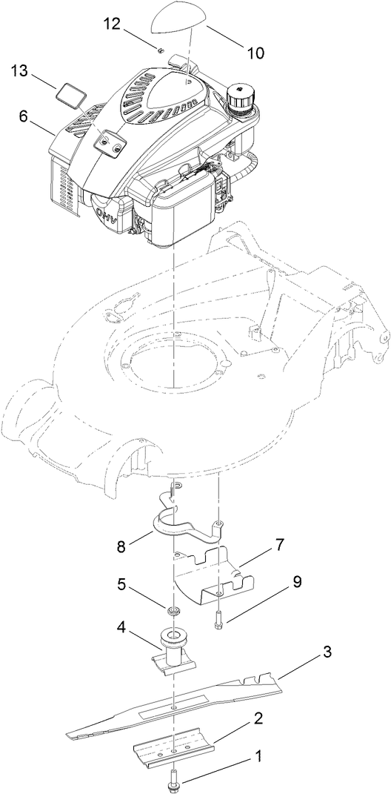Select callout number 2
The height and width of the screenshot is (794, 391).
click(x=258, y=718)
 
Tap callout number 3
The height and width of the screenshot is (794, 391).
click(x=327, y=652)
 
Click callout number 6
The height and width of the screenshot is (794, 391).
click(x=23, y=116)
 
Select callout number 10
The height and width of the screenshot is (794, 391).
click(x=254, y=53)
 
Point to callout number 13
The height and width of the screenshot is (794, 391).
click(x=20, y=71)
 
